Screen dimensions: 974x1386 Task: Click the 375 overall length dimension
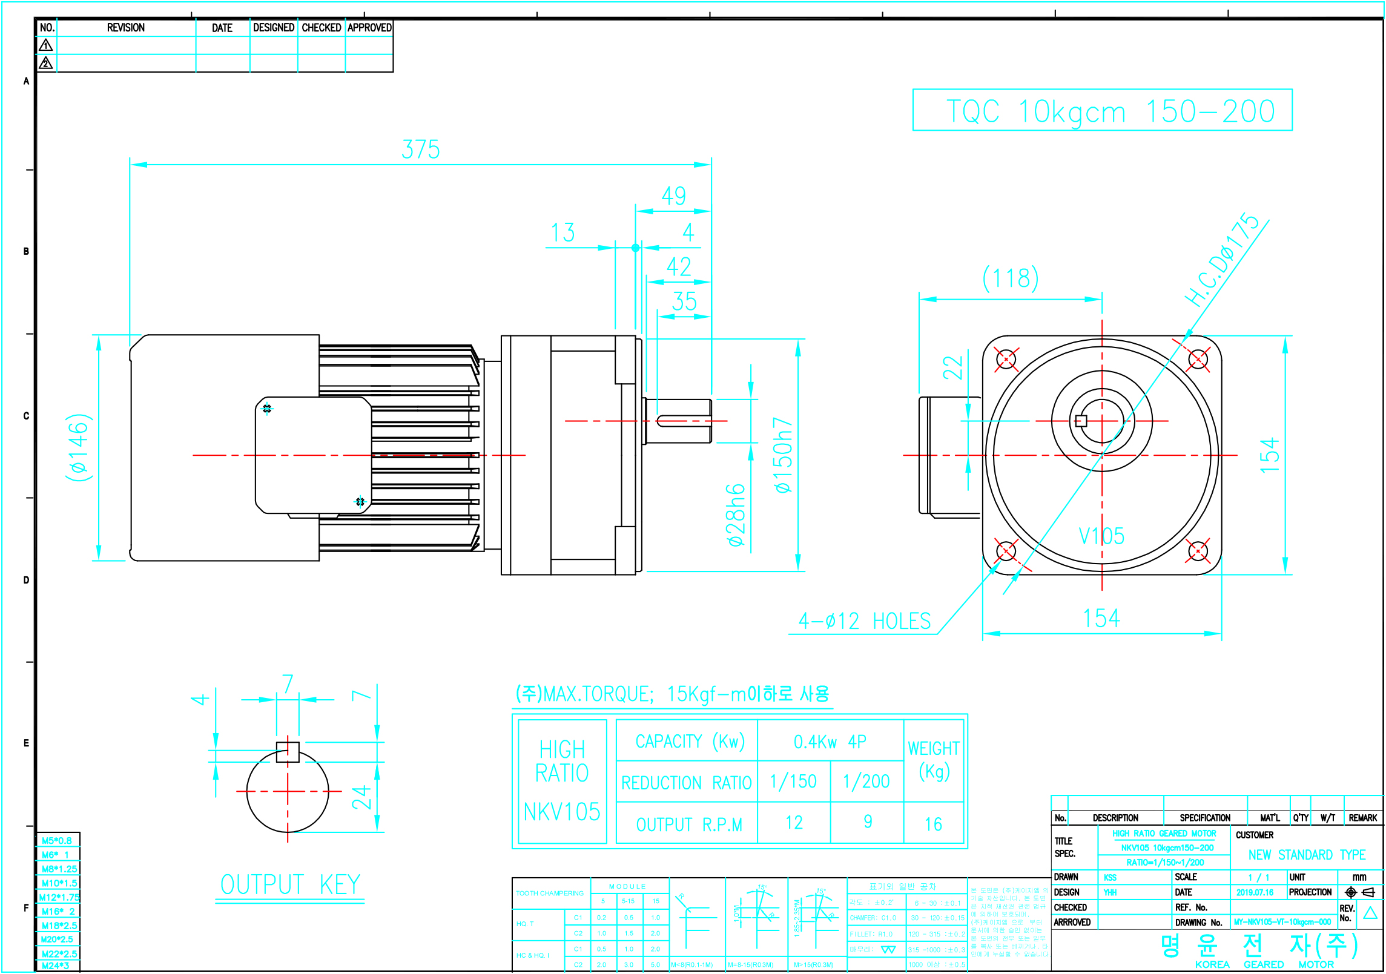(x=421, y=150)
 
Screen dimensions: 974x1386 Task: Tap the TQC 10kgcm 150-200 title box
(x=1102, y=111)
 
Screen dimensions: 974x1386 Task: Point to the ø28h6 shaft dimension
(x=736, y=515)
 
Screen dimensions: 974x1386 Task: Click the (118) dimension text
(x=1010, y=278)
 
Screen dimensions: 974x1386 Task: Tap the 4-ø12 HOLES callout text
(x=864, y=621)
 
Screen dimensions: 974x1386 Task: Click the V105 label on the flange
(x=1101, y=536)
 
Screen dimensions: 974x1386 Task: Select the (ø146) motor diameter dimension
(x=79, y=447)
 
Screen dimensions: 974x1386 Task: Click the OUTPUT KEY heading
(x=290, y=885)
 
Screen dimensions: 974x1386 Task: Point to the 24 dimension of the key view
(x=362, y=798)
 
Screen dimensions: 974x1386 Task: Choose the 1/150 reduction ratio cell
(x=793, y=782)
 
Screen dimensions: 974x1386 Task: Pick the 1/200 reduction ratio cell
(x=866, y=782)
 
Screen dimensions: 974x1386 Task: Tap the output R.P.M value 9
(x=868, y=822)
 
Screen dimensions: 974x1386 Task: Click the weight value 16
(x=933, y=824)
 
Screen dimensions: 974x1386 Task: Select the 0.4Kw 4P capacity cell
(x=830, y=742)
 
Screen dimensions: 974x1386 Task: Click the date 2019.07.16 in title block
(x=1255, y=892)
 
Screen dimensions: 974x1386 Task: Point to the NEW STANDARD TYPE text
(x=1307, y=855)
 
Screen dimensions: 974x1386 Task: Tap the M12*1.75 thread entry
(x=59, y=897)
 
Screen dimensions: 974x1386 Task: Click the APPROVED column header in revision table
(x=369, y=28)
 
